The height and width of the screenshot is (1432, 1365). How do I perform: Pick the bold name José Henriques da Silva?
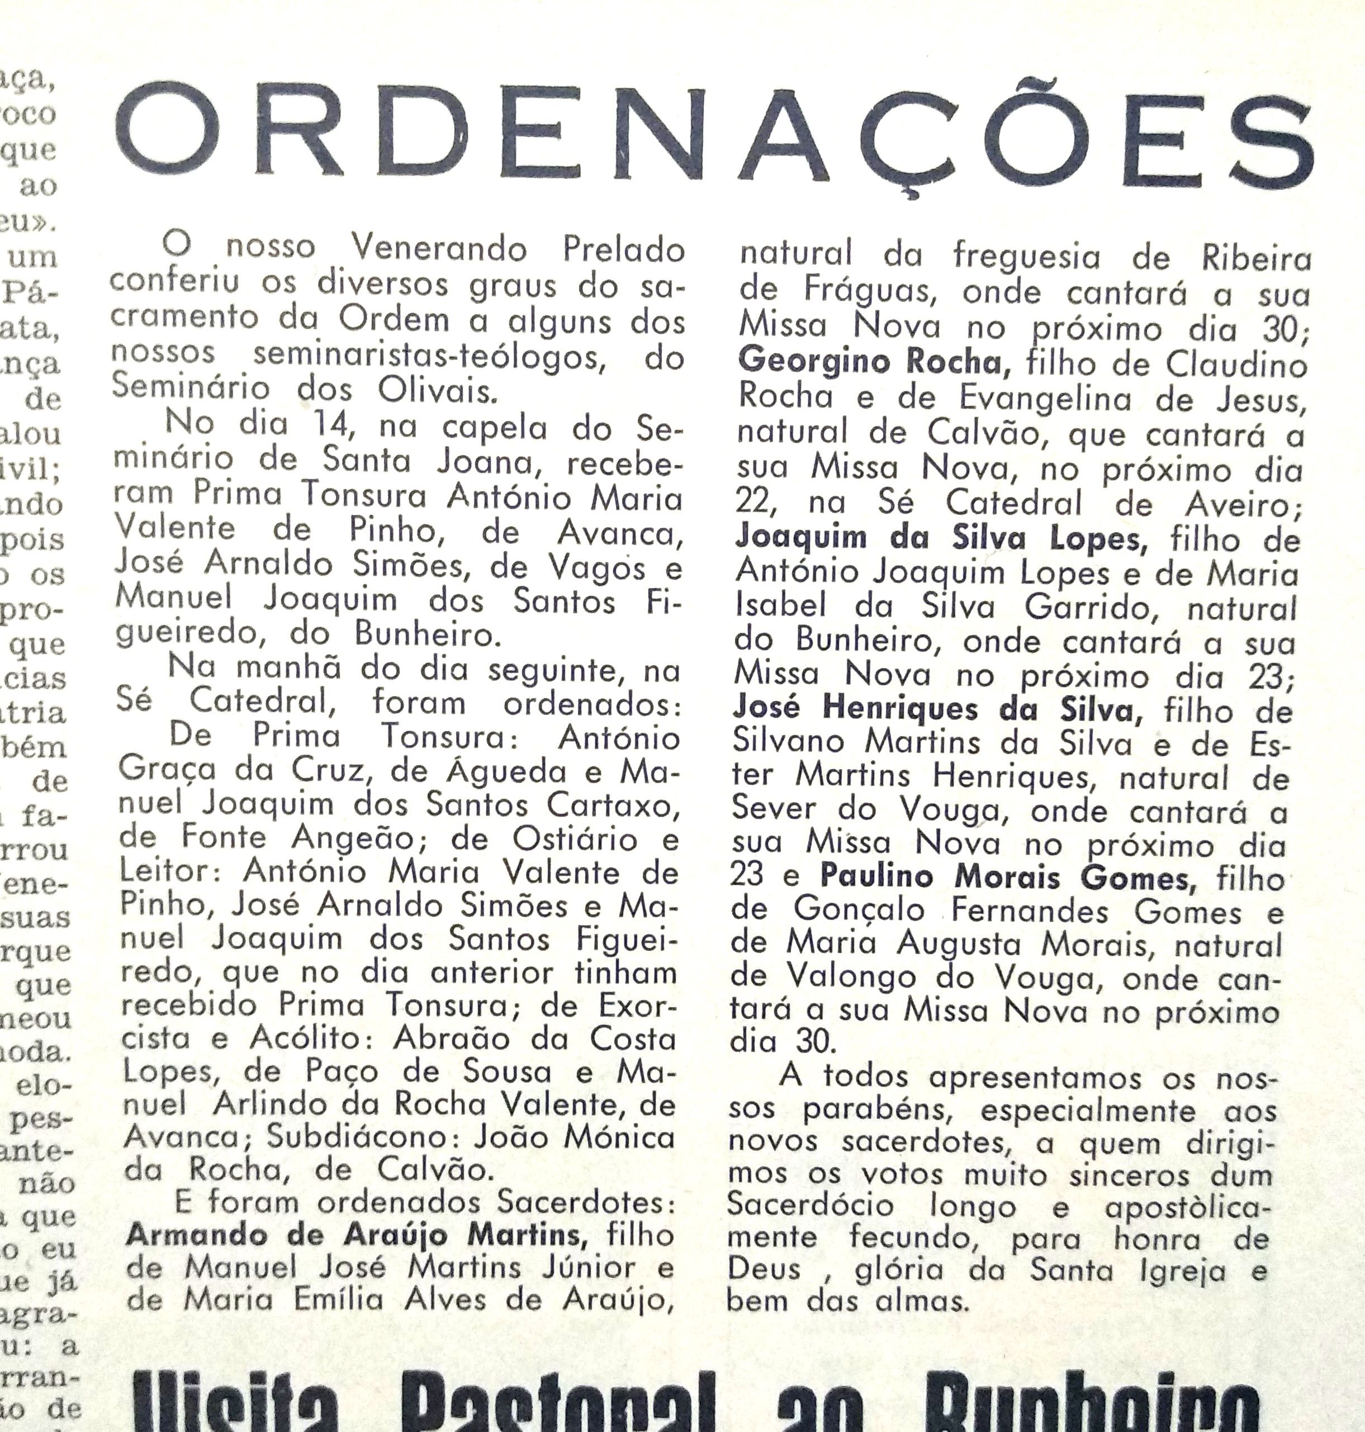point(936,709)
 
